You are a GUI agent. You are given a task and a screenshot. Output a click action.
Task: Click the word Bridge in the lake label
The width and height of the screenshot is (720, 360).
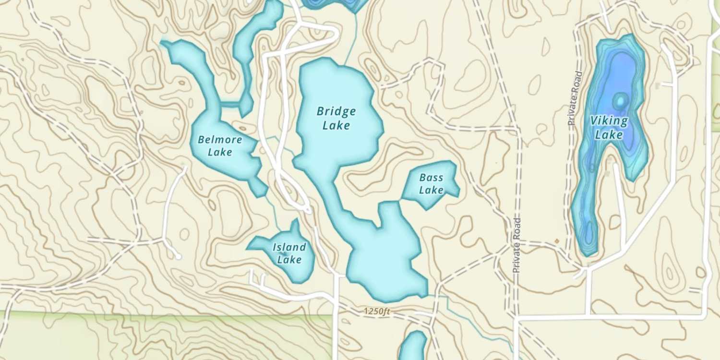[336, 112]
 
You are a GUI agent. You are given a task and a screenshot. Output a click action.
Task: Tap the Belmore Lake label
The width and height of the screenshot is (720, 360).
[220, 146]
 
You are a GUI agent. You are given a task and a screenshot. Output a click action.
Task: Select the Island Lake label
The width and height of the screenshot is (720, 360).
[289, 253]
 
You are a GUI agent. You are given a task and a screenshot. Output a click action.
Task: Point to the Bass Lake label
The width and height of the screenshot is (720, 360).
[431, 184]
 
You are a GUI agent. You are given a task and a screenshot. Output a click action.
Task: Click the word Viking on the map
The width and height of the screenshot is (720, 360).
[609, 121]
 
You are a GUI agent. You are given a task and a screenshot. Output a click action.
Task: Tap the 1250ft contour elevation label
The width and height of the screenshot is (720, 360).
[377, 312]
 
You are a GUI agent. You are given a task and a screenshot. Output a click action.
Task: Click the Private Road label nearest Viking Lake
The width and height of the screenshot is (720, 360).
[574, 98]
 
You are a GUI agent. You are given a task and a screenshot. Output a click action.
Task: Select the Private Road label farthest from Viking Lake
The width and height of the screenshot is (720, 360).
[516, 246]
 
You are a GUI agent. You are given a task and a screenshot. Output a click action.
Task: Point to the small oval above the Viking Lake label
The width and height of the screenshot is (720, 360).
[620, 101]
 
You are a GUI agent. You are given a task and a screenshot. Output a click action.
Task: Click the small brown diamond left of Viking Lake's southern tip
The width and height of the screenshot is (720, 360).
[557, 240]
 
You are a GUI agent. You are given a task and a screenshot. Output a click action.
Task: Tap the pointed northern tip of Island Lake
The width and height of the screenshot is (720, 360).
[296, 222]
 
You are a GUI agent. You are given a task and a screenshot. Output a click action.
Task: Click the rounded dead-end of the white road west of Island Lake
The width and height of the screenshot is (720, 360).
[178, 257]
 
